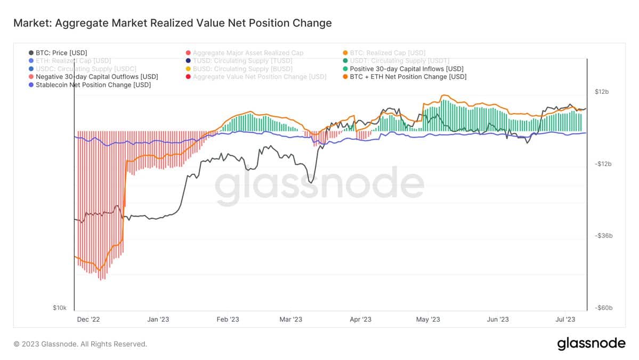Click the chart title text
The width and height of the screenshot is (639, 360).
tap(172, 23)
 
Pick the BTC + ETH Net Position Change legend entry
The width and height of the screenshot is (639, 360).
tap(408, 77)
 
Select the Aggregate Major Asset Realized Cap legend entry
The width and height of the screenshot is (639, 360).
tap(248, 53)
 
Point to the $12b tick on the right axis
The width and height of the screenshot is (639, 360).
tap(601, 92)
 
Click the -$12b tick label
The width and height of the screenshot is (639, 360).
tap(602, 164)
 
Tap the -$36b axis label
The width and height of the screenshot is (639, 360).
tap(602, 236)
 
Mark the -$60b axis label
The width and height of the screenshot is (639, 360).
tap(602, 308)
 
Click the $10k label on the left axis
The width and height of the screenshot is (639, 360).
tap(59, 308)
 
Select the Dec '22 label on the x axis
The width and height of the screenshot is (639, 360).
tap(88, 319)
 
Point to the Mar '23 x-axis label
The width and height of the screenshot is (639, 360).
tap(290, 319)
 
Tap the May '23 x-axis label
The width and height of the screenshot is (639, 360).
tap(428, 319)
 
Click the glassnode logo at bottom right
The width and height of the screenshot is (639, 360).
tap(591, 344)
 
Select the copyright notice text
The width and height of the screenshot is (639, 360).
tap(80, 344)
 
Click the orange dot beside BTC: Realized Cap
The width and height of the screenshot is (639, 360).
tap(345, 53)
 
